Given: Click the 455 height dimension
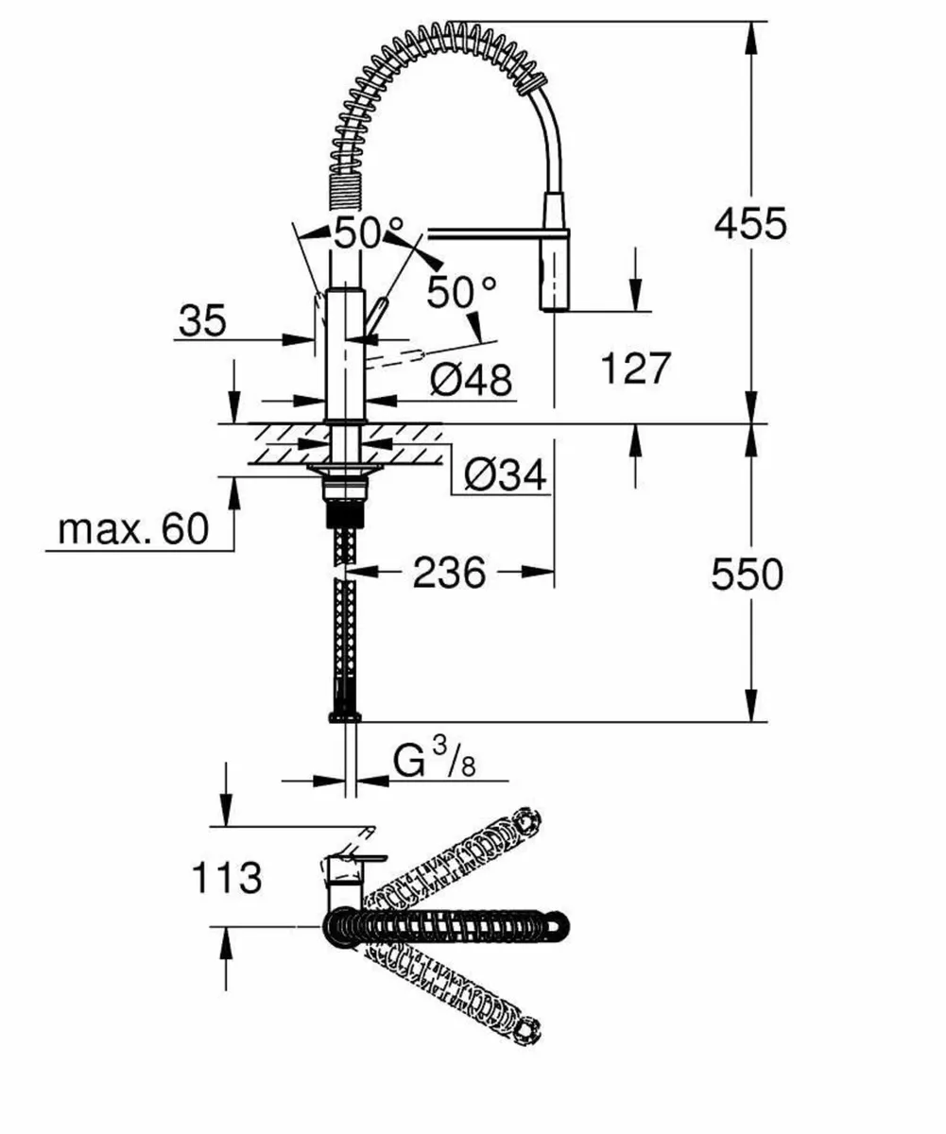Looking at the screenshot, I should tap(749, 224).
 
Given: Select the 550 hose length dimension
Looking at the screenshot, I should tap(748, 574).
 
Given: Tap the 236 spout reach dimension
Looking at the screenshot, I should tap(449, 572).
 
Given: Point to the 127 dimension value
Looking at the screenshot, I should tap(635, 368).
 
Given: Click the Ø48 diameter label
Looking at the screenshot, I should tap(470, 380).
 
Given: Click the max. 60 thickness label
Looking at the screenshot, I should tap(133, 529).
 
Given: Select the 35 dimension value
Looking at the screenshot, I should tap(202, 322).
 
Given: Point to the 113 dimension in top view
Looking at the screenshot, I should tap(227, 878).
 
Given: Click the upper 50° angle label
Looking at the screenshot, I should tap(367, 232).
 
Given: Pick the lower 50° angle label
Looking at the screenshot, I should tap(460, 293).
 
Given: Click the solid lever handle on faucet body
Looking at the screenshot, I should tap(376, 316).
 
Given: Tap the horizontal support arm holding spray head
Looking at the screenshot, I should tap(482, 231).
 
